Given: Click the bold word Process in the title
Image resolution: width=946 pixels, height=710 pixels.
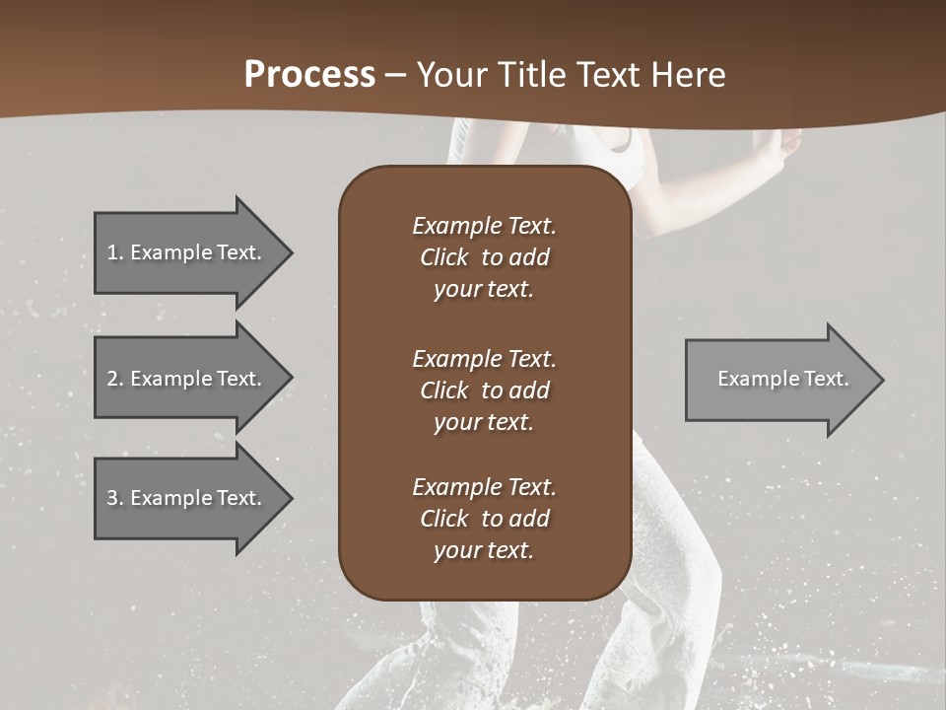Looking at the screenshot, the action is pyautogui.click(x=309, y=75).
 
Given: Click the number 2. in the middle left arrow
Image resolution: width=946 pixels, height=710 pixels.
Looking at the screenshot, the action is pyautogui.click(x=115, y=379).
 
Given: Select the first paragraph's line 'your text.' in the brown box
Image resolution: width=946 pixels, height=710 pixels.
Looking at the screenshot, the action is pyautogui.click(x=483, y=290).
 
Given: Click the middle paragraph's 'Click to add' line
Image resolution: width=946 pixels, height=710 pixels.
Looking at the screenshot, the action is pyautogui.click(x=484, y=390).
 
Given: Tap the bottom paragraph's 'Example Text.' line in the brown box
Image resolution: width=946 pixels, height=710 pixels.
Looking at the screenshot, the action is pyautogui.click(x=484, y=487).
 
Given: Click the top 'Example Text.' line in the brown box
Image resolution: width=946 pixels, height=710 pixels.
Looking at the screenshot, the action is pyautogui.click(x=484, y=226).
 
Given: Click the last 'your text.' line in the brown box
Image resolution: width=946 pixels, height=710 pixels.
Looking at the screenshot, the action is pyautogui.click(x=483, y=551).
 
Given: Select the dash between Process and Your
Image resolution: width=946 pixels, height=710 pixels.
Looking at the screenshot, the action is pyautogui.click(x=395, y=75).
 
